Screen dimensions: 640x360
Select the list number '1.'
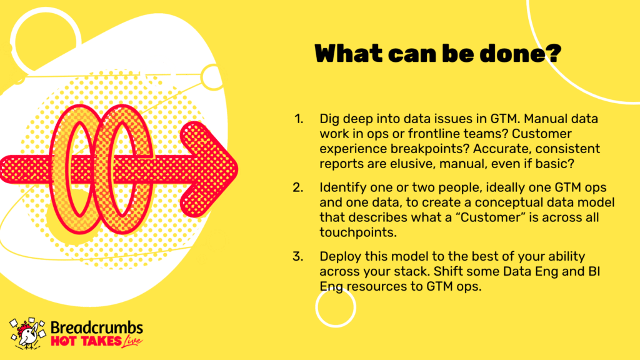(299, 119)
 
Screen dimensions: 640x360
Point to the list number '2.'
(298, 187)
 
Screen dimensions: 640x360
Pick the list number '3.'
(298, 256)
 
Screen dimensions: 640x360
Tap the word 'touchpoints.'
(358, 232)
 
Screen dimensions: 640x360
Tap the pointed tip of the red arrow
(237, 168)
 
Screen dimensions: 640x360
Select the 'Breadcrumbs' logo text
(97, 327)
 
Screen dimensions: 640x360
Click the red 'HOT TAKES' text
(86, 341)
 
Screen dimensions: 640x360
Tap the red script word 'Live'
(131, 341)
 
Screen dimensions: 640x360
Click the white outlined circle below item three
(316, 307)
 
